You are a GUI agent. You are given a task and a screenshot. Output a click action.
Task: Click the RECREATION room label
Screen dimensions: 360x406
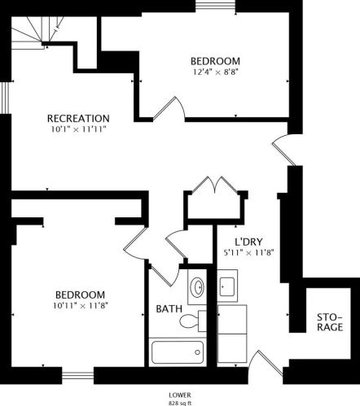point(78,119)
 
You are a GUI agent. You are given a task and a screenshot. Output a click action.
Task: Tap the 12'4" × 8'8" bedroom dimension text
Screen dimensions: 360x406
point(217,72)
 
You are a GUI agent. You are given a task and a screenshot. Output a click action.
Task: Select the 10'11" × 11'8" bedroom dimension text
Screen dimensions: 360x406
point(81,306)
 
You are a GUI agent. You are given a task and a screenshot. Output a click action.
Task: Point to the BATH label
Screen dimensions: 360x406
point(169,309)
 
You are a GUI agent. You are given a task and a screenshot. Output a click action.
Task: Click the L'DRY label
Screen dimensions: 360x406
point(248,242)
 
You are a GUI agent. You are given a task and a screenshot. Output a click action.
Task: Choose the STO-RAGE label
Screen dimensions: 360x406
point(330,322)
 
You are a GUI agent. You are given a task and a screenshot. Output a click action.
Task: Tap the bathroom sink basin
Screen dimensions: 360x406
point(197,286)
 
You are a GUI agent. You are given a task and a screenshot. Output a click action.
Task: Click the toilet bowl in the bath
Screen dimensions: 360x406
point(188,321)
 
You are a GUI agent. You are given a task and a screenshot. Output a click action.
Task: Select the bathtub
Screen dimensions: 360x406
point(178,352)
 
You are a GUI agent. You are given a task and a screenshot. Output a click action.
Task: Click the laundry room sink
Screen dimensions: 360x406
point(227,286)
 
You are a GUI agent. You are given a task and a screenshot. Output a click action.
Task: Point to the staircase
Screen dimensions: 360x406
point(37,33)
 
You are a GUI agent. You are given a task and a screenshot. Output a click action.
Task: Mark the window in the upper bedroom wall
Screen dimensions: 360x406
point(216,6)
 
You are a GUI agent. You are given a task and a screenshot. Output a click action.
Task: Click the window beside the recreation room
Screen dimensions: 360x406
point(6,98)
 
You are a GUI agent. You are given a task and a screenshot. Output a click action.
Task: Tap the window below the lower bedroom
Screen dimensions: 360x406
point(78,375)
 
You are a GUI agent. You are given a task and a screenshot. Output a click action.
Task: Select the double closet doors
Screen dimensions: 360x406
point(215,185)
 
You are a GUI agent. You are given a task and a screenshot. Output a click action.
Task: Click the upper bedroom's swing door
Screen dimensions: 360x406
point(169,108)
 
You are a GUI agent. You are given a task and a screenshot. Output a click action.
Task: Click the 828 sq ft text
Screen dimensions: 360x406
point(180,403)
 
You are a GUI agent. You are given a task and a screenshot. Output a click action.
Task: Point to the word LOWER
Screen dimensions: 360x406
point(180,395)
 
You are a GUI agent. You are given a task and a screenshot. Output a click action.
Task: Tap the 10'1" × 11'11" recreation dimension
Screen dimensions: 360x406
point(78,129)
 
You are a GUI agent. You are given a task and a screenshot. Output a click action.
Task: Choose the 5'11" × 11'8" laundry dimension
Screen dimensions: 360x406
point(248,253)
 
